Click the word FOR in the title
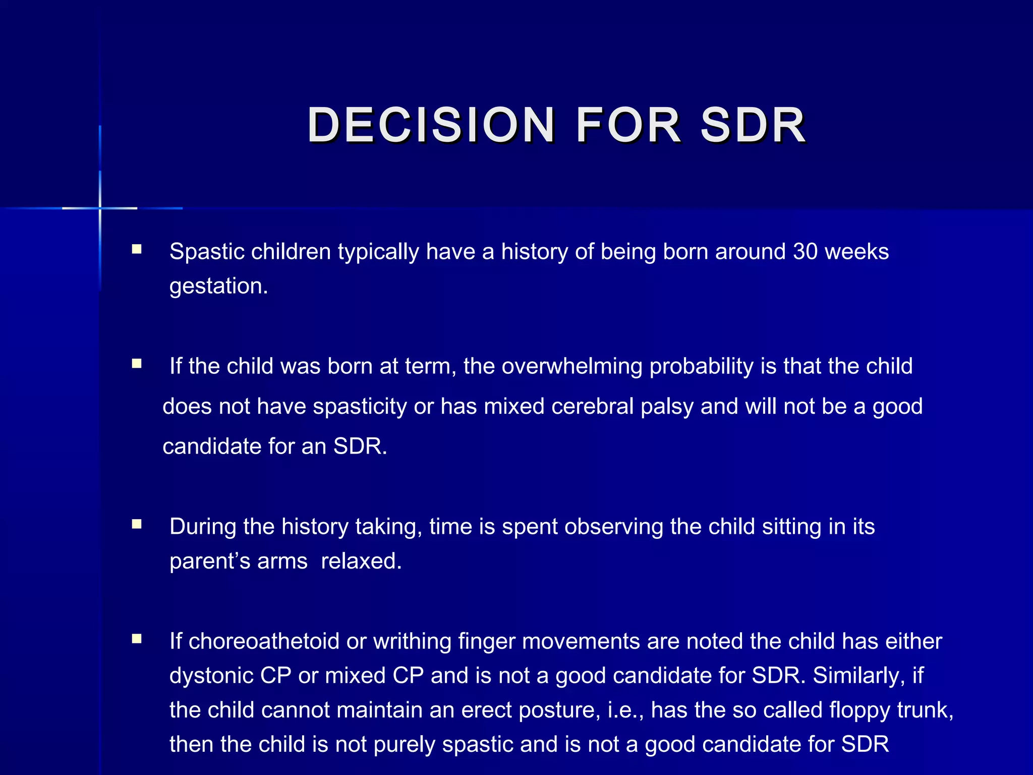pyautogui.click(x=628, y=125)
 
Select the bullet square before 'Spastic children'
pyautogui.click(x=136, y=249)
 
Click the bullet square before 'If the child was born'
pyautogui.click(x=136, y=364)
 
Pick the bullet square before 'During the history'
pyautogui.click(x=136, y=524)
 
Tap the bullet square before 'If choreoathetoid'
pyautogui.click(x=136, y=639)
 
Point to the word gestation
pyautogui.click(x=218, y=286)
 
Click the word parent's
pyautogui.click(x=210, y=561)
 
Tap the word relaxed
pyautogui.click(x=361, y=561)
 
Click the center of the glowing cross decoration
pyautogui.click(x=100, y=208)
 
